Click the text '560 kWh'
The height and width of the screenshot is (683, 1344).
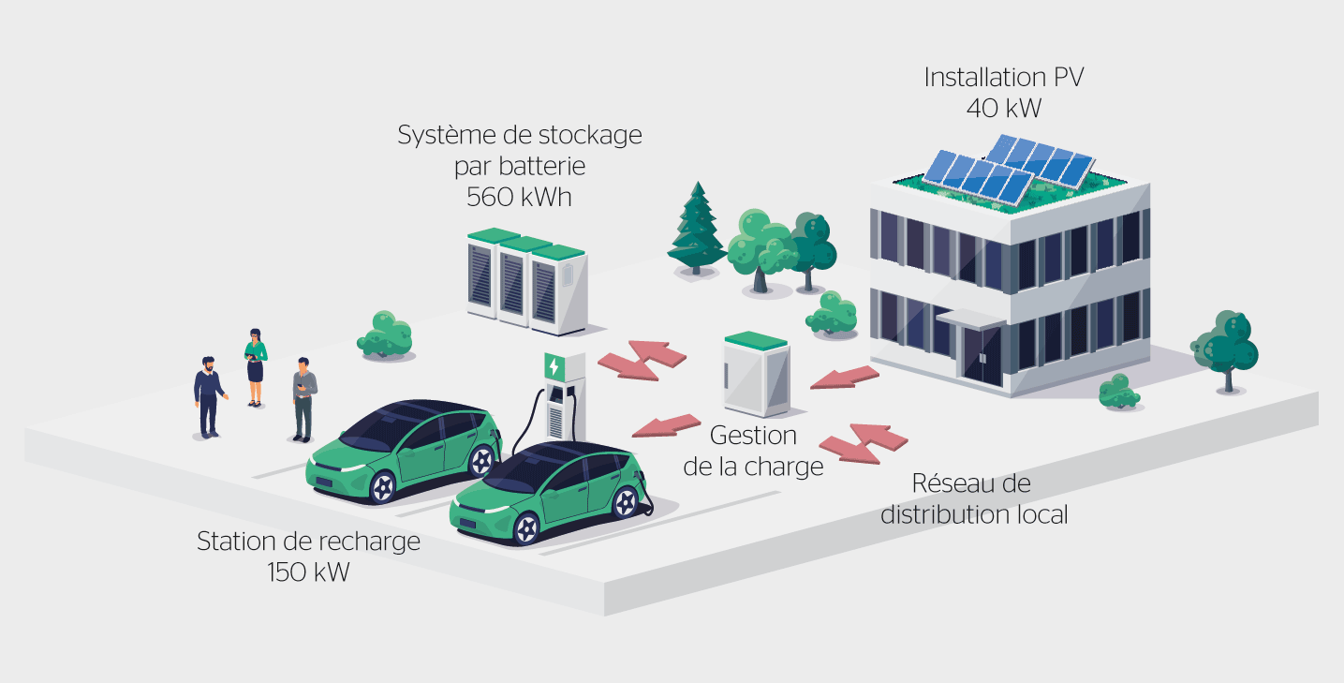tap(519, 198)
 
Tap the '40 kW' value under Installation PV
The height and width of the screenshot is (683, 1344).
tap(1003, 109)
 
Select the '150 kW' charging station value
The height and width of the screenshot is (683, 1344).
tap(308, 572)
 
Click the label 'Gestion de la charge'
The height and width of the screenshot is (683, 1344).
tap(753, 451)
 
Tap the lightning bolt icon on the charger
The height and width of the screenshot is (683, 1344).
tap(556, 365)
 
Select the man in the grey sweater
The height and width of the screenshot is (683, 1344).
tap(303, 398)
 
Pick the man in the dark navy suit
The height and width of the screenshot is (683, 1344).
tap(208, 396)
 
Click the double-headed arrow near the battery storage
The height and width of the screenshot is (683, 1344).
tap(642, 360)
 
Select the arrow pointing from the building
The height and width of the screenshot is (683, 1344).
tap(845, 378)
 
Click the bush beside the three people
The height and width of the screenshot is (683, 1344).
tap(385, 334)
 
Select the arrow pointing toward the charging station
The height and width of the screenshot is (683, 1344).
tap(667, 425)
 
